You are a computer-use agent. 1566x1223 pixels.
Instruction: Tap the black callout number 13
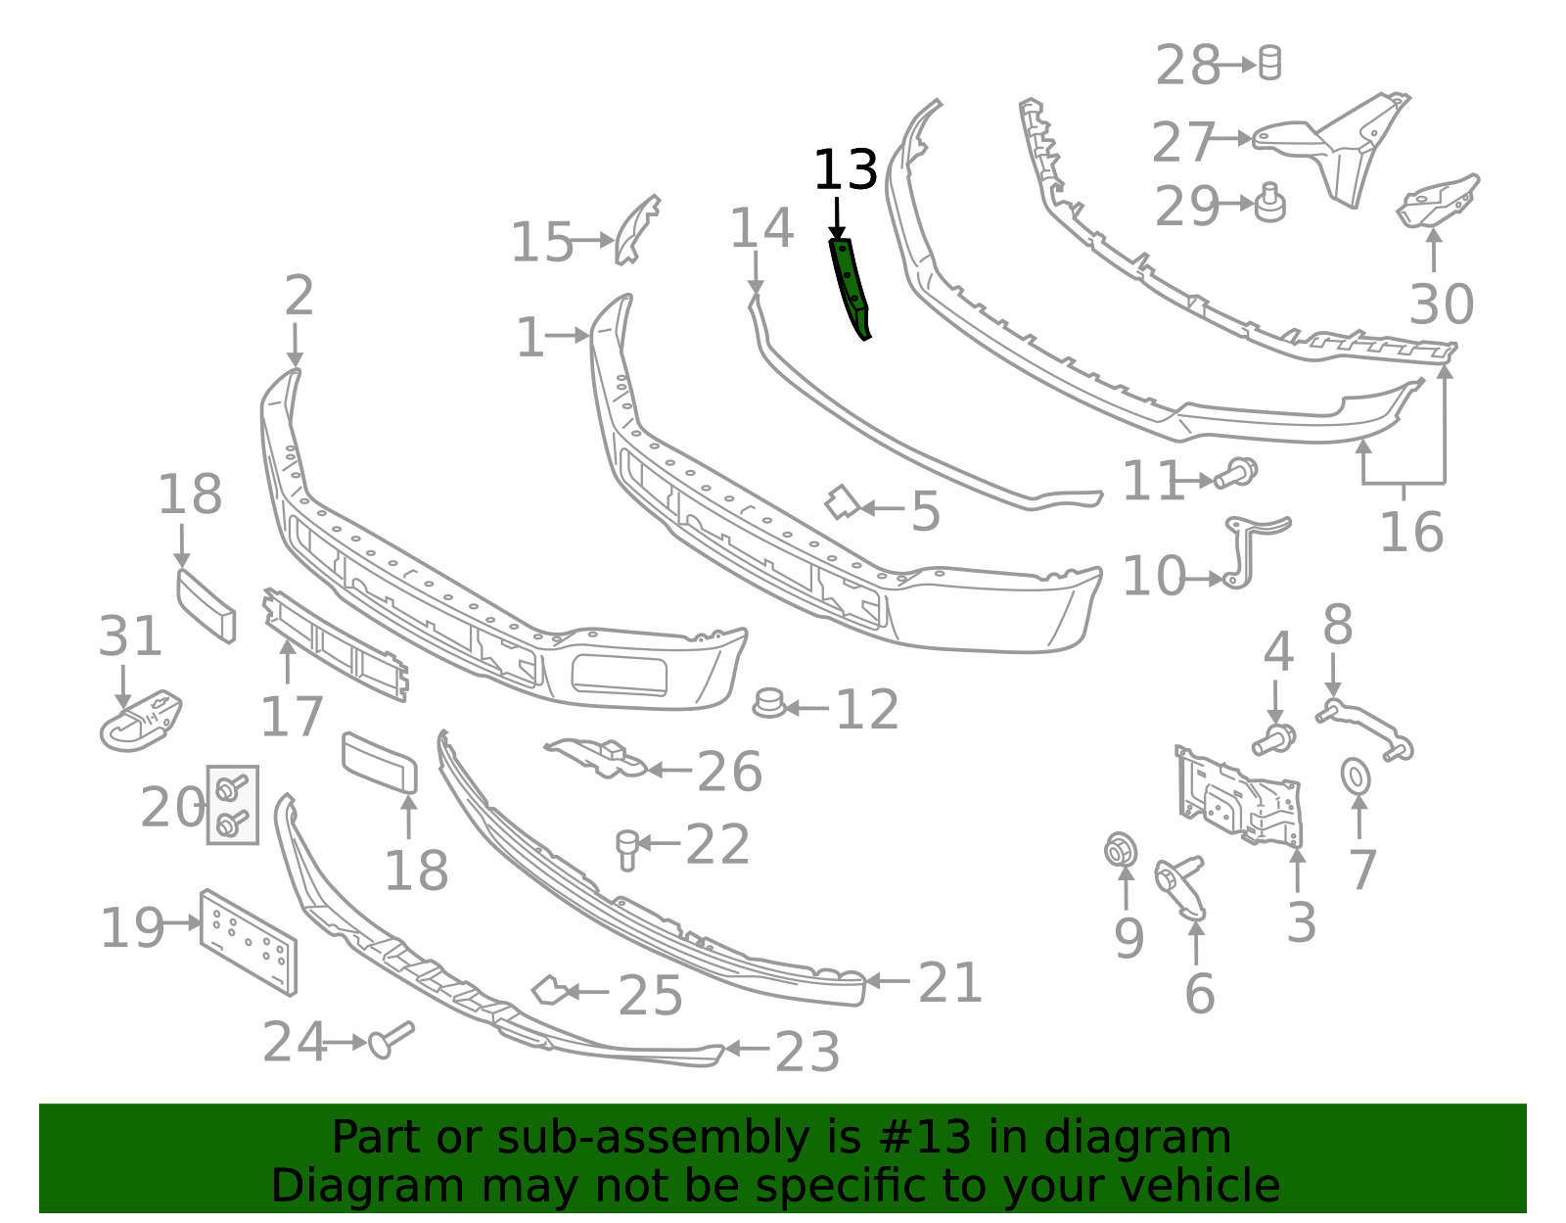(x=845, y=171)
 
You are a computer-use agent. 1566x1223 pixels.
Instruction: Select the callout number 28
(x=1186, y=67)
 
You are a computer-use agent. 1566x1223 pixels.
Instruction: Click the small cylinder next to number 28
(x=1269, y=63)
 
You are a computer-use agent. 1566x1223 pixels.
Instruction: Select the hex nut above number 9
(x=1120, y=850)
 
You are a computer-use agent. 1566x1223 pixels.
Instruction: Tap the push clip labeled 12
(x=769, y=703)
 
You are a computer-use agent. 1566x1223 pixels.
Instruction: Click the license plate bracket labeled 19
(x=249, y=942)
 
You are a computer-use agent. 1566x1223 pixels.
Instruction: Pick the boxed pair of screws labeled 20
(x=232, y=805)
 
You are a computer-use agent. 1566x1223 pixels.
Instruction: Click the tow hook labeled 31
(x=140, y=722)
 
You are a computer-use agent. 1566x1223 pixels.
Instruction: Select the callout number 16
(x=1410, y=533)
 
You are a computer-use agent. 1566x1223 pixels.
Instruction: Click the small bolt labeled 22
(x=626, y=848)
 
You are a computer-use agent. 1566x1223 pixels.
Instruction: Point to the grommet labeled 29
(x=1269, y=203)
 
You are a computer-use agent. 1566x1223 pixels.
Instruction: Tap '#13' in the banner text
(x=925, y=1138)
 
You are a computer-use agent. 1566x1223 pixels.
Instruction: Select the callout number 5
(x=925, y=512)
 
